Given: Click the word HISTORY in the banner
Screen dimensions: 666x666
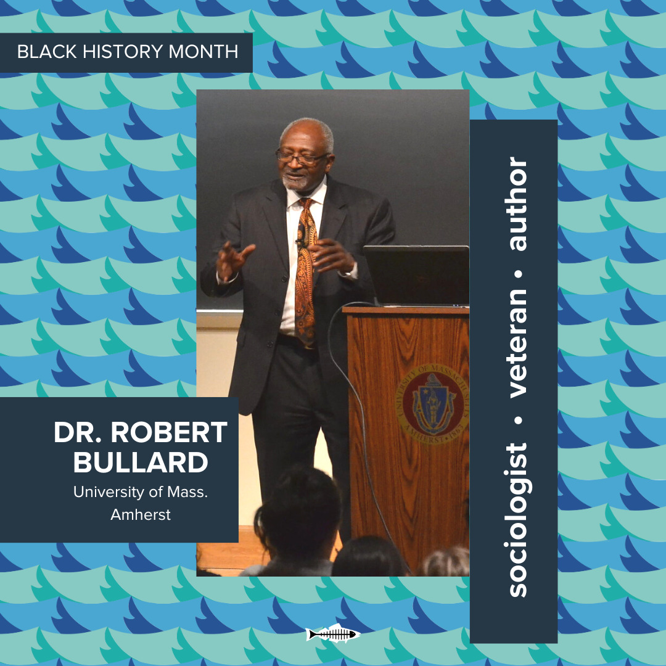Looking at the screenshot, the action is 123,52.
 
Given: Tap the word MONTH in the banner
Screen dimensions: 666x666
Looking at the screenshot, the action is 203,52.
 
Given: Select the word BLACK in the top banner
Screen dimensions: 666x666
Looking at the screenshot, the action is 47,52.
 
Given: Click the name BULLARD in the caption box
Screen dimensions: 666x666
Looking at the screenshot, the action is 141,462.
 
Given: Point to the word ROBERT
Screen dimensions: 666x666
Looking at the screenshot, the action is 169,432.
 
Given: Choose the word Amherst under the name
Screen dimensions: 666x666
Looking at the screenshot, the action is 141,515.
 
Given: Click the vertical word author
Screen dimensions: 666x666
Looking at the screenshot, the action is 518,204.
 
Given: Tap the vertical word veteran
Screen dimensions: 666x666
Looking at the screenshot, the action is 518,343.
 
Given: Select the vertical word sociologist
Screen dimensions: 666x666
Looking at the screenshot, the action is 518,520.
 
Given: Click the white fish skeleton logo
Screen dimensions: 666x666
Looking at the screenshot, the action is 333,635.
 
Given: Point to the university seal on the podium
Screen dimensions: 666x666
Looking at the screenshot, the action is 432,403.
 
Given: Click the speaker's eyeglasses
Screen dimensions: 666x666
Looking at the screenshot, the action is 302,157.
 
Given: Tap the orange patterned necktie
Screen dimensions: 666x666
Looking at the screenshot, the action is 305,272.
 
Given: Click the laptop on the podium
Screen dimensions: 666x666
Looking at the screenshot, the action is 416,276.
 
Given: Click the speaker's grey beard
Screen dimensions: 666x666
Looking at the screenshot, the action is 297,182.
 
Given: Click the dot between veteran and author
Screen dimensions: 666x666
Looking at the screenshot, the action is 519,274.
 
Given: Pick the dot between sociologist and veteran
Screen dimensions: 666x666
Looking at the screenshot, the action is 519,421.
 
